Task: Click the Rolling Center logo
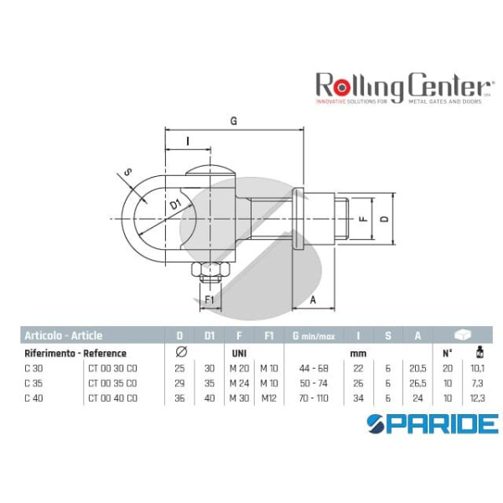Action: pos(402,88)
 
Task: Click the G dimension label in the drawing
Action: pos(234,121)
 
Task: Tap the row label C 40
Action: pos(34,397)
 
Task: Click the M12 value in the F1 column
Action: pos(269,397)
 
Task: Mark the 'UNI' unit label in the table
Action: pos(238,353)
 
